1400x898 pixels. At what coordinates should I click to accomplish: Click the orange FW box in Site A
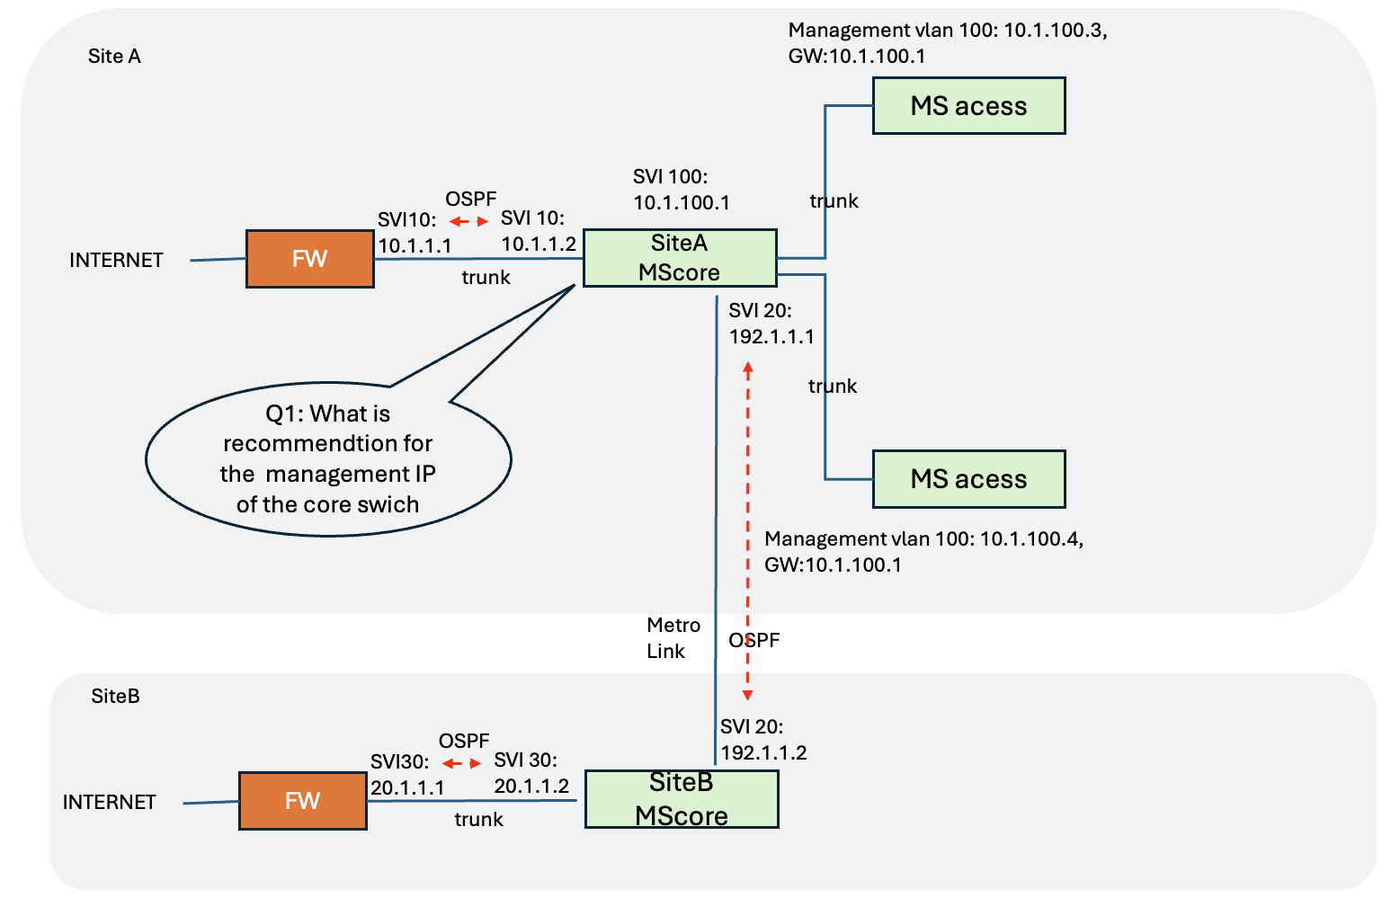pos(309,259)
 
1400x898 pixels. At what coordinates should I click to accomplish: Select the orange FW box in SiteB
pos(302,801)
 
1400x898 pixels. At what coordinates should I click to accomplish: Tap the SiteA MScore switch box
pos(679,258)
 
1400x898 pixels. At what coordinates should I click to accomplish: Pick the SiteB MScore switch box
pos(681,799)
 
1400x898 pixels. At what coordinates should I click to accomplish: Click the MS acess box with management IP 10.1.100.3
pos(968,106)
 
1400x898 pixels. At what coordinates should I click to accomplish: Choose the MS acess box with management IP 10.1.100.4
pos(968,479)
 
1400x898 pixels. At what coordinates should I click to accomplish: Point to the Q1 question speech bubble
pos(328,459)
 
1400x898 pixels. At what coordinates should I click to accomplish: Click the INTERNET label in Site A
pos(116,260)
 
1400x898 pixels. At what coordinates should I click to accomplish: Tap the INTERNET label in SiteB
pos(109,802)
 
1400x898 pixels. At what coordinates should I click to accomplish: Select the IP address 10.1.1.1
pos(415,245)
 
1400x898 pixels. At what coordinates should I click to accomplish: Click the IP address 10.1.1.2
pos(538,244)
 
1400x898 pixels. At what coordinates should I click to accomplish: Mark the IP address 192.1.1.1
pos(771,336)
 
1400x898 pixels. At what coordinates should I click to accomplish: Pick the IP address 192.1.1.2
pos(763,752)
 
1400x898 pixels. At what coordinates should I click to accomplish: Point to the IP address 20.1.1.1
pos(407,787)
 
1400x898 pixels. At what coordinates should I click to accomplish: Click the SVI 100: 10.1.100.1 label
pos(681,190)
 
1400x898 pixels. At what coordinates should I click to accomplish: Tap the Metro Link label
pos(673,637)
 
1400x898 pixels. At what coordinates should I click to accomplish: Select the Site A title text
pos(114,56)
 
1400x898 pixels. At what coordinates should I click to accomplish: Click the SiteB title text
pos(115,696)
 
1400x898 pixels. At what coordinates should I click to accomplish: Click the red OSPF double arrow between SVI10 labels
pos(468,221)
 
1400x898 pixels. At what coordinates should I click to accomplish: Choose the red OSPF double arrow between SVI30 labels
pos(462,763)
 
